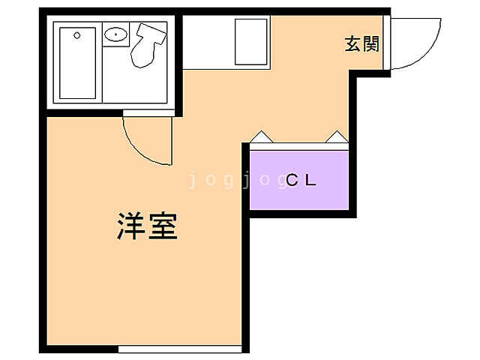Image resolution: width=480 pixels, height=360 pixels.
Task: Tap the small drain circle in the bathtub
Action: tap(77, 34)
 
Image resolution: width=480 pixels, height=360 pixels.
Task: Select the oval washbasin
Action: tap(115, 34)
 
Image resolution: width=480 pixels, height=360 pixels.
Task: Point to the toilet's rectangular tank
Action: tap(152, 32)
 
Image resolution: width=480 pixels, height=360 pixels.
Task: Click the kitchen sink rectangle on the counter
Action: tap(251, 41)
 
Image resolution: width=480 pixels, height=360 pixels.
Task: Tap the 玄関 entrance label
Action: tap(361, 44)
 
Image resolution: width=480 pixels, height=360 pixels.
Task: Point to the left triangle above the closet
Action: tap(261, 136)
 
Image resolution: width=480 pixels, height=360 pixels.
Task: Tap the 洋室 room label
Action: tap(147, 226)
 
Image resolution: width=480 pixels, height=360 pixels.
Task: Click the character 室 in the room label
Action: tap(163, 226)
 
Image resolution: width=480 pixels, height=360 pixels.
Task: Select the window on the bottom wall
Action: tap(180, 349)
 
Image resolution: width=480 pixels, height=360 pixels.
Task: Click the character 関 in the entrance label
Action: tap(370, 44)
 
